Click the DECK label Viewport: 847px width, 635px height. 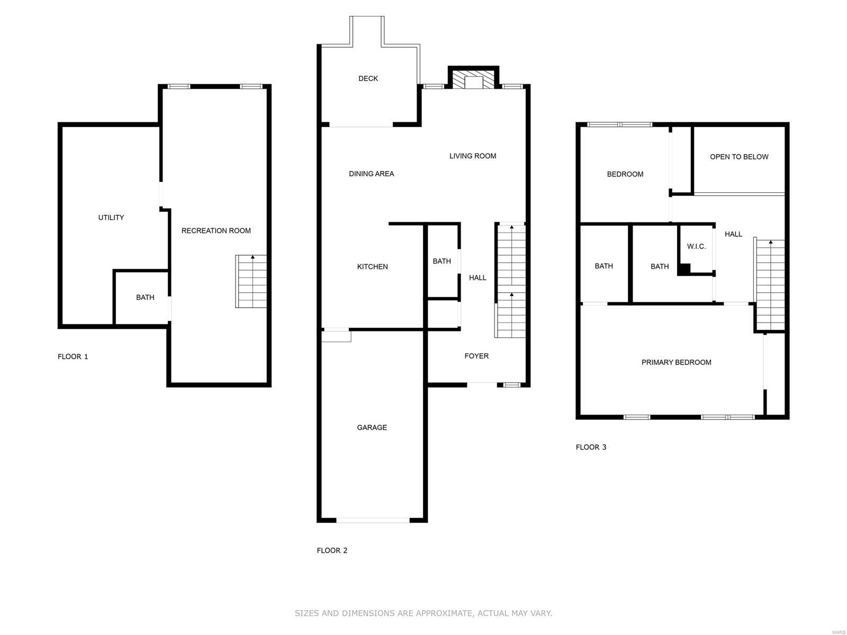pos(368,78)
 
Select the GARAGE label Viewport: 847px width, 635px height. pos(372,427)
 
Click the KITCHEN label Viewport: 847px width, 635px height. pos(372,266)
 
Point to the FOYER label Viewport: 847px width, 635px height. pos(476,356)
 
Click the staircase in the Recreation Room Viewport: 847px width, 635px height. pos(251,281)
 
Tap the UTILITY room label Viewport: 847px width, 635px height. pos(111,217)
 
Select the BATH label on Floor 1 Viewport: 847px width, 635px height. pos(145,297)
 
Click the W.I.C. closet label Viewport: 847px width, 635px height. pos(696,246)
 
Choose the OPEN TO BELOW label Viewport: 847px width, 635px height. pos(739,157)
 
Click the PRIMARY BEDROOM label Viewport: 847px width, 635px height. pos(676,362)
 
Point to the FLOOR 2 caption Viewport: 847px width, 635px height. pos(332,550)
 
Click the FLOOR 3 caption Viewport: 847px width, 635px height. pos(591,447)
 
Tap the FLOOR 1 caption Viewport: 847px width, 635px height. pos(73,356)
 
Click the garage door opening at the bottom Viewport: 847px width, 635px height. pos(373,520)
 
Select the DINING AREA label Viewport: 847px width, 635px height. pos(371,174)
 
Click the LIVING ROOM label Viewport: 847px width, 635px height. pos(473,156)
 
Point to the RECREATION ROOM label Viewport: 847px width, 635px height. pos(216,230)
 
